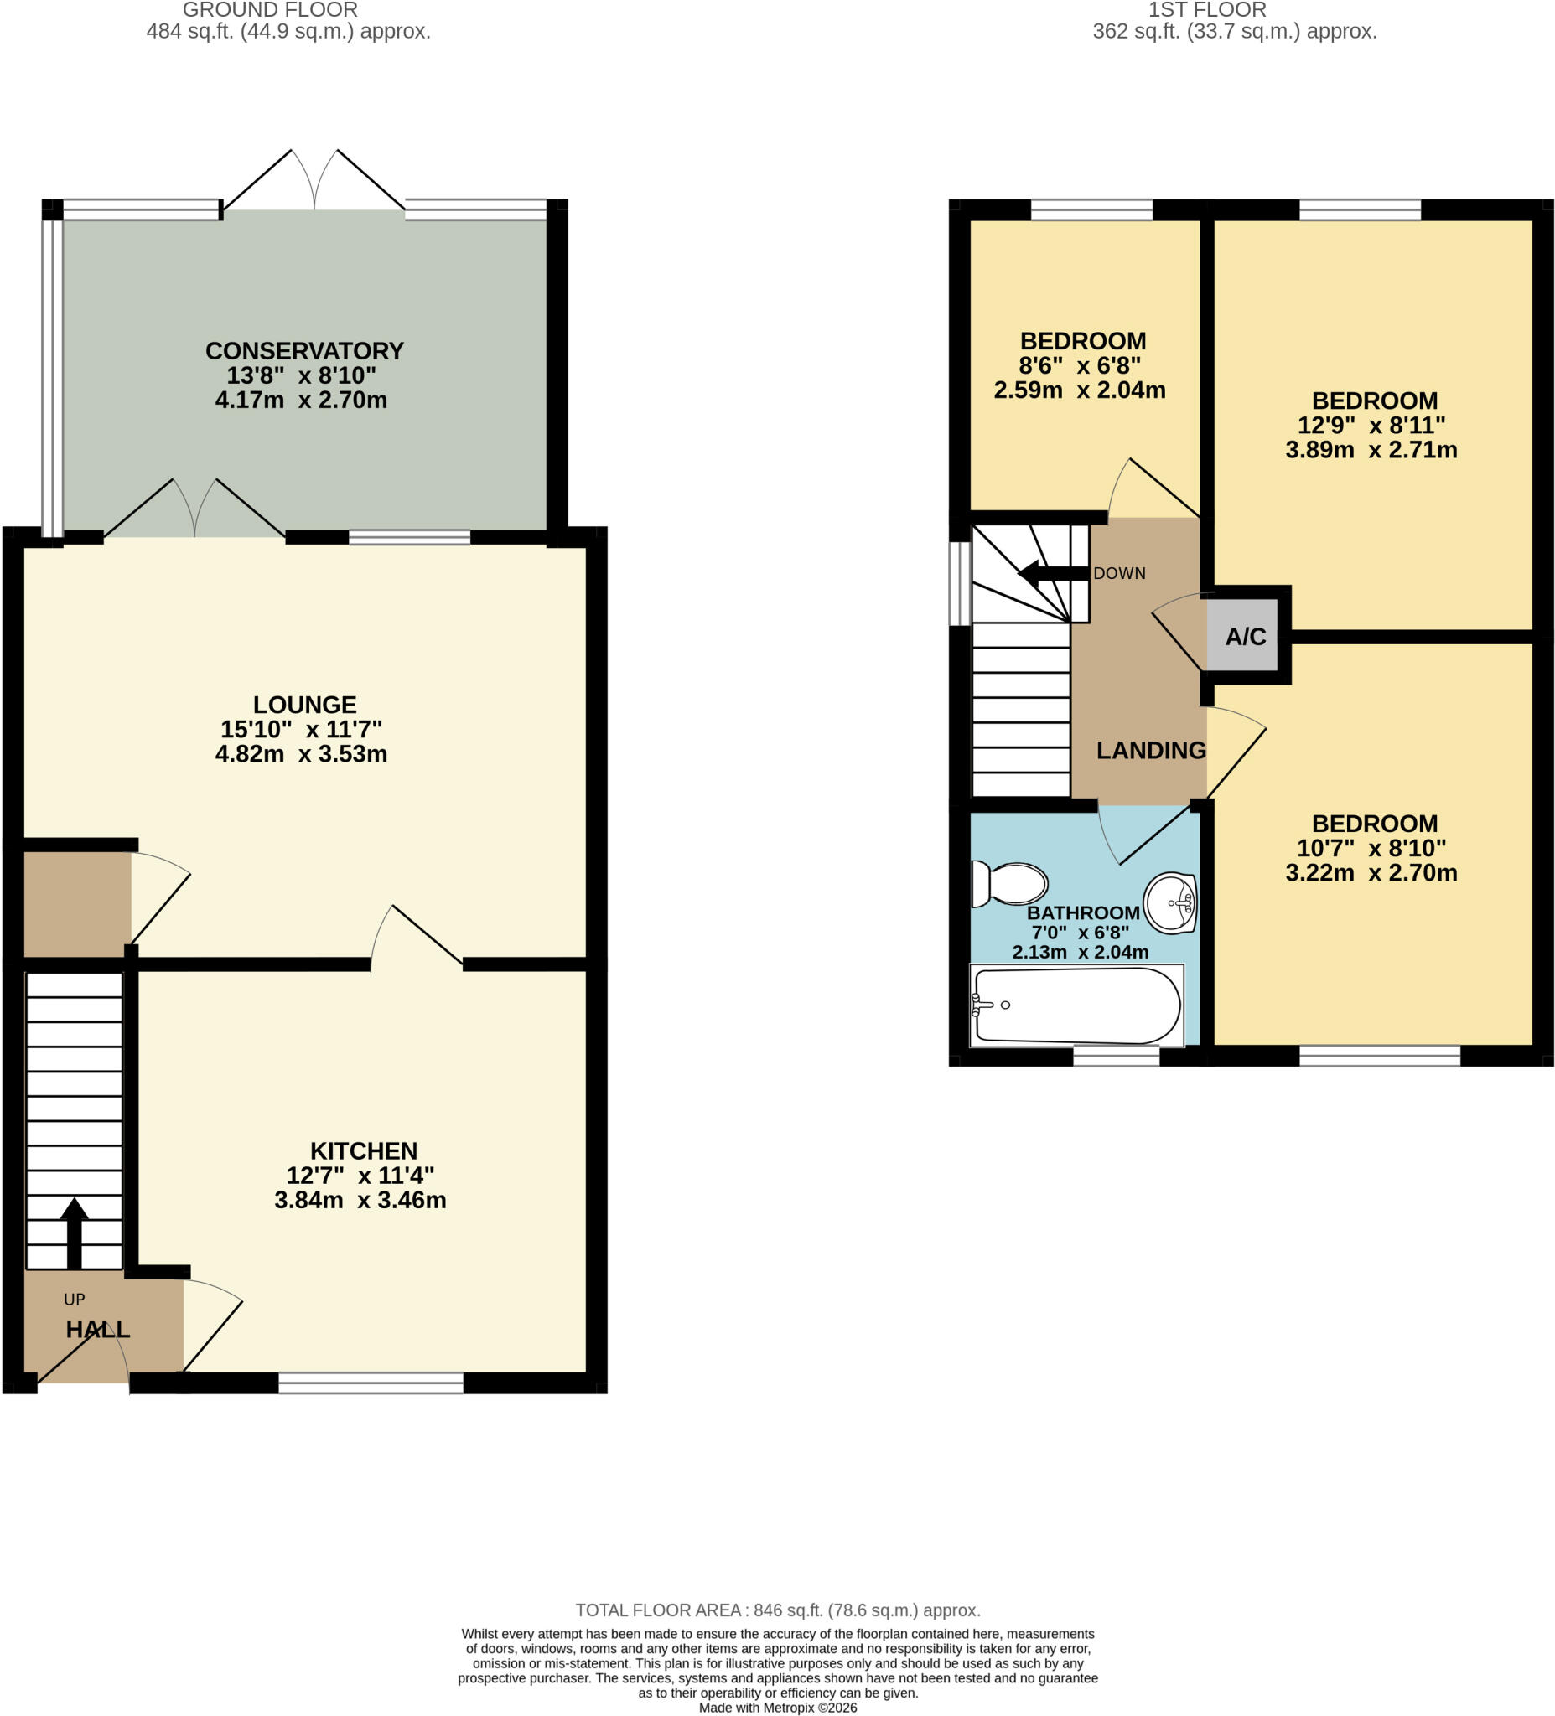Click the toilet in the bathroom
[x=1009, y=884]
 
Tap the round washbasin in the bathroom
[x=1170, y=902]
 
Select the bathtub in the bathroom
[x=1077, y=1005]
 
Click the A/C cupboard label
[x=1245, y=636]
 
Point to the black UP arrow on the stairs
[x=74, y=1233]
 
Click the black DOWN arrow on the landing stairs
[x=1054, y=573]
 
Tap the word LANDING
[x=1150, y=750]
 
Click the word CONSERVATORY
[x=304, y=351]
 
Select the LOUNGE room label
[x=304, y=705]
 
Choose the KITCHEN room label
[x=364, y=1150]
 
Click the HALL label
[x=98, y=1330]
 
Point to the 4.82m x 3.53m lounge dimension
[x=302, y=754]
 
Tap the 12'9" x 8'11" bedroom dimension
[x=1371, y=425]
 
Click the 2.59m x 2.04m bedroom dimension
[x=1080, y=390]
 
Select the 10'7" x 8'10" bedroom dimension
[x=1371, y=848]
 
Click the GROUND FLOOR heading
[x=270, y=10]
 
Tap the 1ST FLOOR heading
[x=1208, y=10]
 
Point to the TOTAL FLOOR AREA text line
[x=778, y=1610]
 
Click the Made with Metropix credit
[x=778, y=1708]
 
